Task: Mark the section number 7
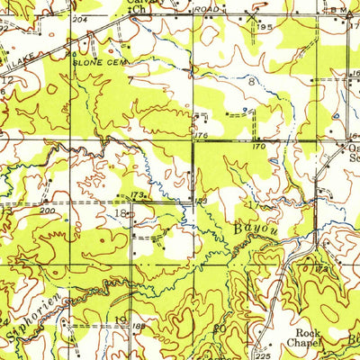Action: (130, 79)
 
